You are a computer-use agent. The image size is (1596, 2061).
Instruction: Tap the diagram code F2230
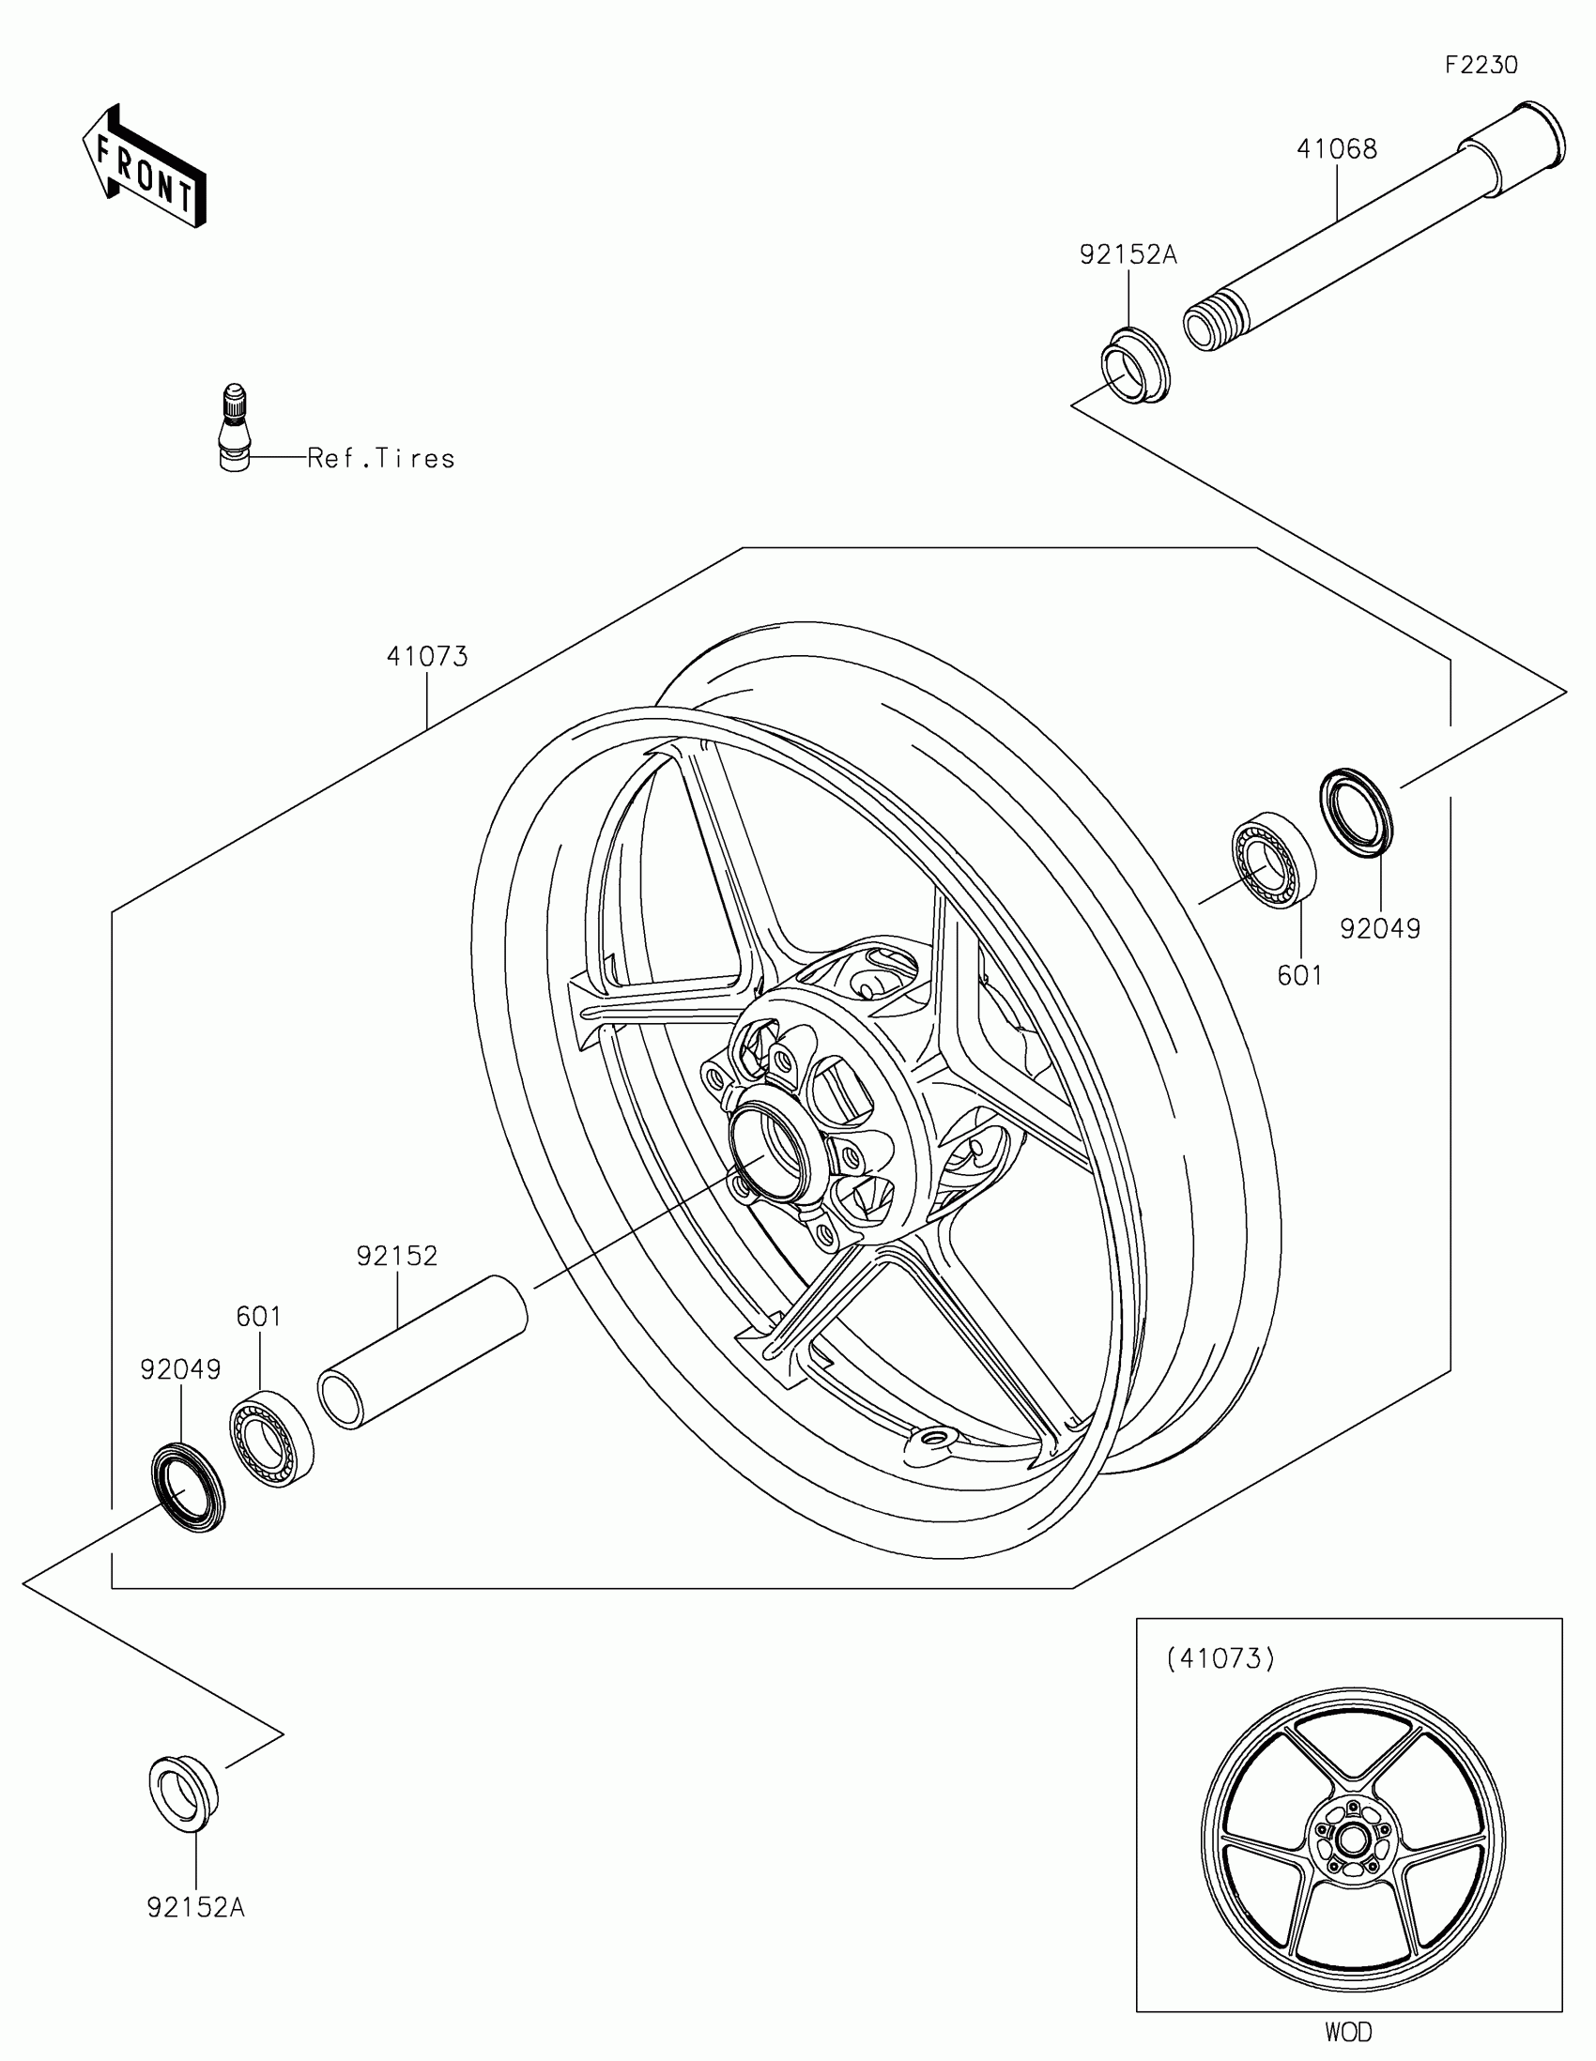tap(1481, 65)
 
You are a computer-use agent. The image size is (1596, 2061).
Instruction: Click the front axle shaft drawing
tap(1369, 236)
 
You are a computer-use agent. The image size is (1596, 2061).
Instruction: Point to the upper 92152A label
tap(1128, 254)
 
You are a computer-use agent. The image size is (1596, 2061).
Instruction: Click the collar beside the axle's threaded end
tap(1134, 364)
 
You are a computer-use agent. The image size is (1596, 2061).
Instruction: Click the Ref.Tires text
tap(381, 459)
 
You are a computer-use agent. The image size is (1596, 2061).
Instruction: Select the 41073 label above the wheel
tap(426, 657)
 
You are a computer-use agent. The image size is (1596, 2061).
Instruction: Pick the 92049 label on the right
tap(1380, 928)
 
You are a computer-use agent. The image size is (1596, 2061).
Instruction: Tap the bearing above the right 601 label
tap(1273, 859)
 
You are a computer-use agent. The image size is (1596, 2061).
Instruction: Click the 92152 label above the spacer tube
tap(396, 1256)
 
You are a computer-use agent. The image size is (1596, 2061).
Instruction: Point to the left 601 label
tap(258, 1316)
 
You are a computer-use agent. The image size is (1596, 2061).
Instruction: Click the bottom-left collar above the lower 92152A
tap(184, 1792)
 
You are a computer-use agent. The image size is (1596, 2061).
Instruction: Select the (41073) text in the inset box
tap(1220, 1659)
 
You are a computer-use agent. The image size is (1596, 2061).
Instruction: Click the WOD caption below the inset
tap(1349, 2031)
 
